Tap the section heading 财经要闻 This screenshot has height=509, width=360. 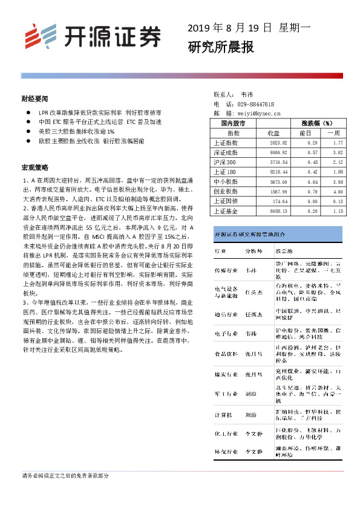click(34, 97)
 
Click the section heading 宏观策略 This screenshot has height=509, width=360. click(34, 167)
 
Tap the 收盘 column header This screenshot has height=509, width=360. click(273, 132)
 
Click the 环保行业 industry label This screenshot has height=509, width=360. click(226, 450)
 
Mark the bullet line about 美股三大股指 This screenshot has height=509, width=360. click(76, 131)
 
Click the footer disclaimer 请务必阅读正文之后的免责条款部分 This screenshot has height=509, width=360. click(65, 476)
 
